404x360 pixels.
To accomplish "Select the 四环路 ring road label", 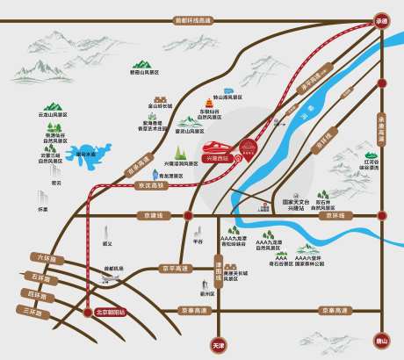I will click(35, 293).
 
